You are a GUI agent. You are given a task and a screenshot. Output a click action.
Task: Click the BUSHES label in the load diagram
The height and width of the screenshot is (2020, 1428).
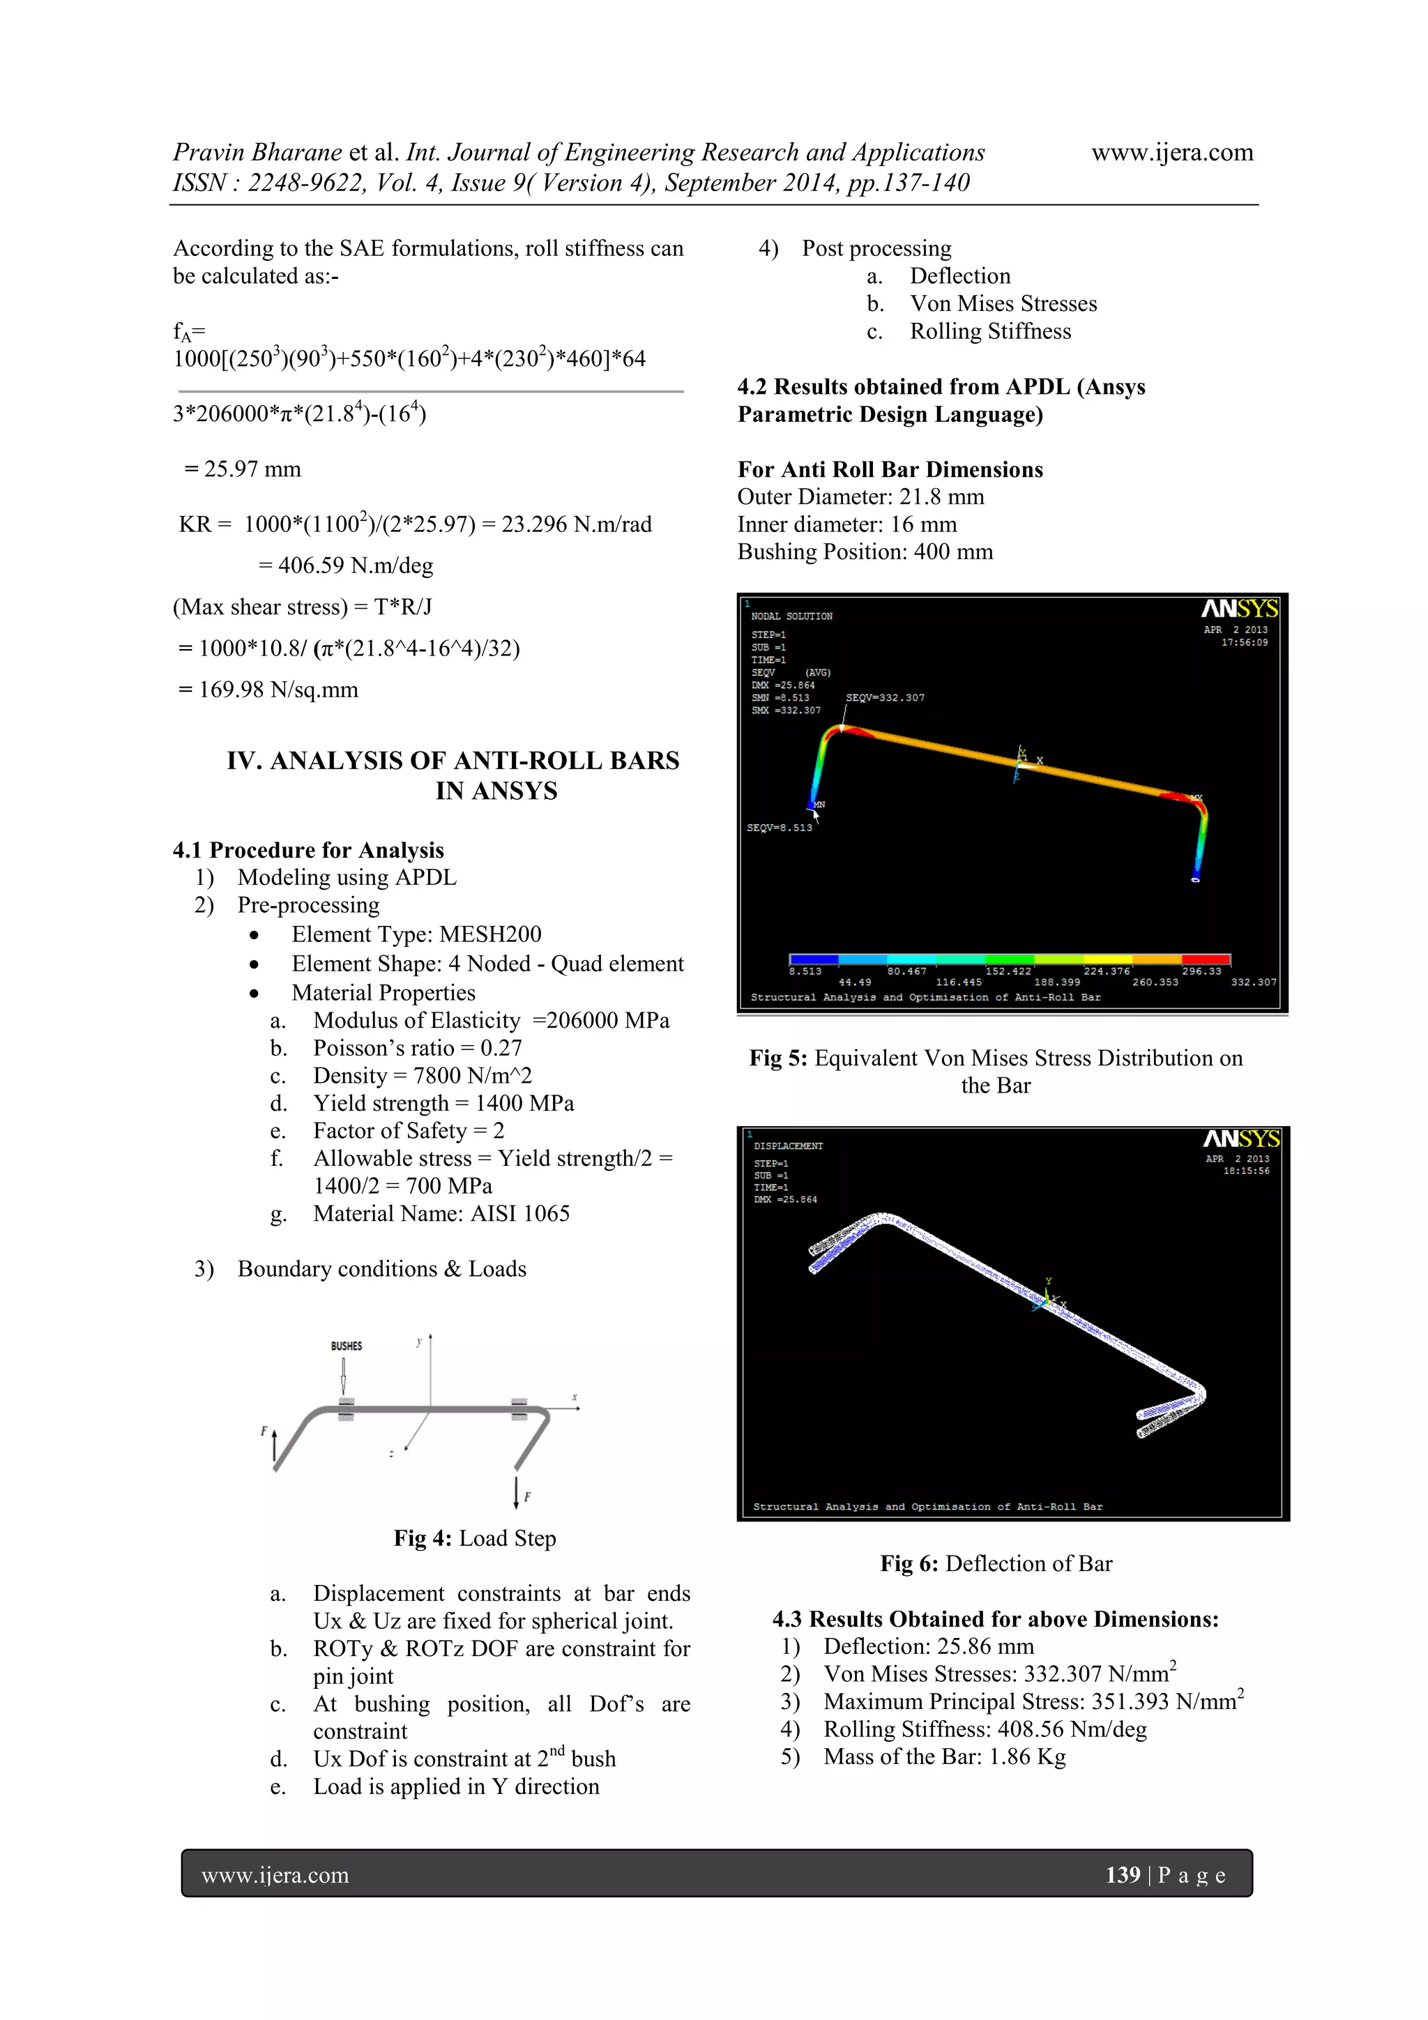[x=346, y=1345]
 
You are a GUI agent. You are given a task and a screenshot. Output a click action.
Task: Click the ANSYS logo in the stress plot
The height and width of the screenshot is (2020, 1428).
[x=1239, y=609]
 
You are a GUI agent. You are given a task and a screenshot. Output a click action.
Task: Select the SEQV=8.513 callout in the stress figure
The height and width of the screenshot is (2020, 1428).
[x=780, y=828]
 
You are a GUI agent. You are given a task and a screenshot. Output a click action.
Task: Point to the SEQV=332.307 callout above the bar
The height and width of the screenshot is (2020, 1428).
[x=884, y=698]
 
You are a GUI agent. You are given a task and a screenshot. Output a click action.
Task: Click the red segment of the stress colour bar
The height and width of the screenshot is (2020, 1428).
[x=1206, y=959]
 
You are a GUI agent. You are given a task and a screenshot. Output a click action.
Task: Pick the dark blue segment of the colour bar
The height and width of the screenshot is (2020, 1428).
[x=814, y=959]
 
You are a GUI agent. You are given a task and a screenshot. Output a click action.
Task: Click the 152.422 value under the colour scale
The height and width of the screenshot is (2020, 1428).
[x=1008, y=971]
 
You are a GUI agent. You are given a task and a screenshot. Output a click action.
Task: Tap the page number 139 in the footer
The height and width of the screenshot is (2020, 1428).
[x=1123, y=1875]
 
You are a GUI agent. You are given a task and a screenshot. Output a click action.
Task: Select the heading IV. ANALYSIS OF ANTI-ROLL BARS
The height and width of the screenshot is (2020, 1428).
[x=453, y=761]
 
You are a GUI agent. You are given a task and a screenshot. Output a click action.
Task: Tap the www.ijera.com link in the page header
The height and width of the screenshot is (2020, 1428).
[x=1171, y=152]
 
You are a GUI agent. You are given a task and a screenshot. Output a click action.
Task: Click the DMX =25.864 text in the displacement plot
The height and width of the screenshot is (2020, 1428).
[x=785, y=1199]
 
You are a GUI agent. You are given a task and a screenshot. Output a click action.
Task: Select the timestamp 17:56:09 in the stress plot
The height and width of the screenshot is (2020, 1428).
[x=1244, y=642]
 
